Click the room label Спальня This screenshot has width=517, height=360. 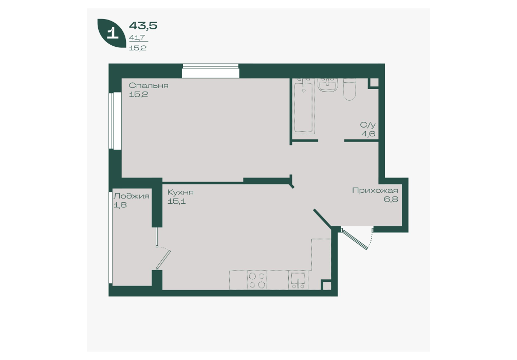[x=149, y=85]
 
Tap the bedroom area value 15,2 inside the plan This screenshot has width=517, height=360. [x=138, y=95]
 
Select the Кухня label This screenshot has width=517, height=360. [x=180, y=192]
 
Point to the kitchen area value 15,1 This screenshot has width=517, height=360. [x=176, y=201]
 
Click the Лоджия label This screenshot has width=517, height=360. [x=131, y=196]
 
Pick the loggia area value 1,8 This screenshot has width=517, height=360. [x=120, y=205]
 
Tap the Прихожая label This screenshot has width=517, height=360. [x=375, y=190]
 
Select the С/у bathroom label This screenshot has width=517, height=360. [x=367, y=125]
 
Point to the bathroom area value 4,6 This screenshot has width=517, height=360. [x=368, y=134]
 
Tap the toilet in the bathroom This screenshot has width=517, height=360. [x=349, y=89]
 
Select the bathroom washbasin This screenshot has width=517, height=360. [x=328, y=84]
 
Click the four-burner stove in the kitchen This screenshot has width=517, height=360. [x=257, y=280]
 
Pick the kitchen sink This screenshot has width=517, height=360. [x=299, y=280]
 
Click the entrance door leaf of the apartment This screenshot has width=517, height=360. [x=355, y=239]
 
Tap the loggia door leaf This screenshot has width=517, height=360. [x=163, y=260]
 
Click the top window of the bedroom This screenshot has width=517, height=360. [x=210, y=71]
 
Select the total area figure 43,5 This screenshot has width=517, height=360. [x=143, y=25]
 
